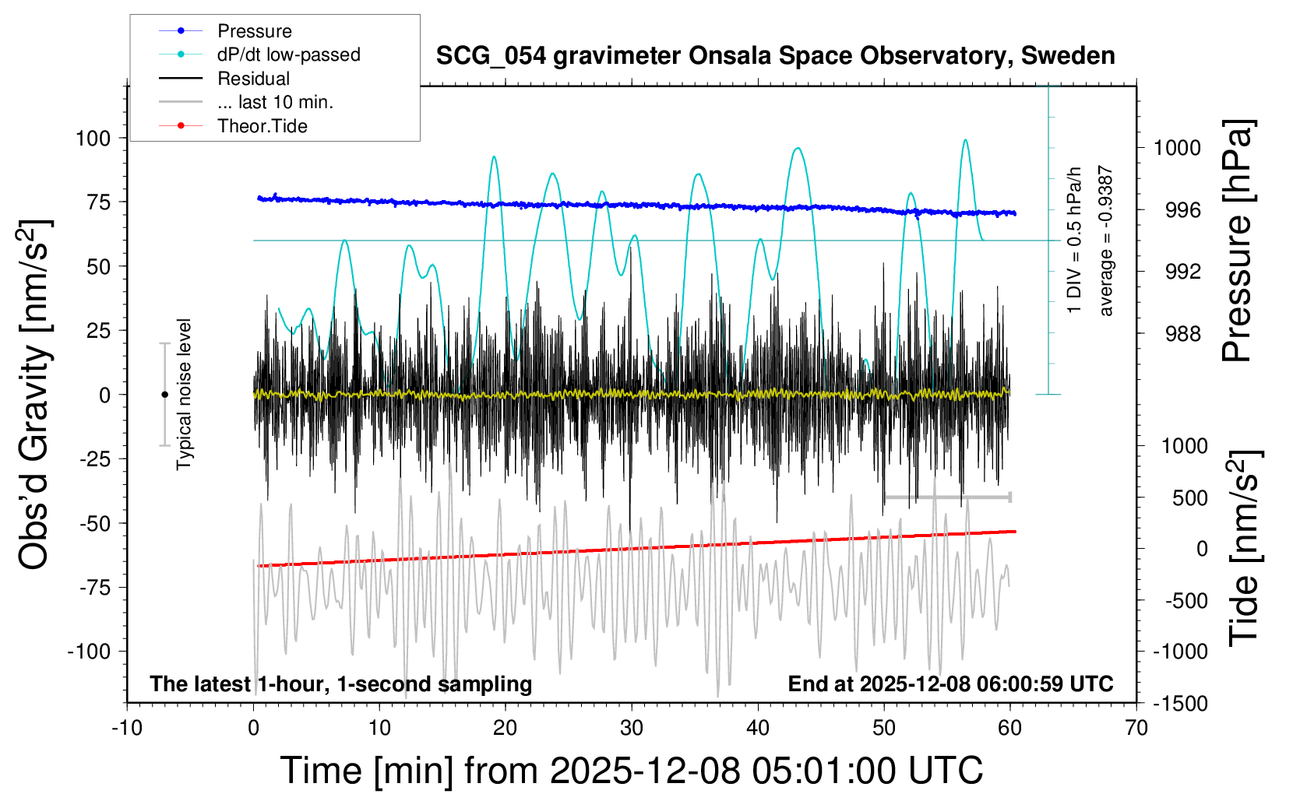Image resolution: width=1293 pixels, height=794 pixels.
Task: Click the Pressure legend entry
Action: coord(254,31)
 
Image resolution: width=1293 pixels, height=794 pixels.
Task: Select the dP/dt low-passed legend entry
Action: coord(288,54)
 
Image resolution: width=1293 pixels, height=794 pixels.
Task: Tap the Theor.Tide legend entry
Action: coord(262,126)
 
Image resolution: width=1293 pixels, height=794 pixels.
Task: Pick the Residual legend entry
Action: coord(253,79)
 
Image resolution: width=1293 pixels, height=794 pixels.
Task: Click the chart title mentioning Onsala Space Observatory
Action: coord(775,56)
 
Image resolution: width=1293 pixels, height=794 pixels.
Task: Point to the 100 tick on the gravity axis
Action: coord(93,139)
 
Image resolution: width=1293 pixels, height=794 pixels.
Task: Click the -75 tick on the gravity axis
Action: coord(94,587)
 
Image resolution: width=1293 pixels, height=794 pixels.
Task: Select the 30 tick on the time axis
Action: coord(632,728)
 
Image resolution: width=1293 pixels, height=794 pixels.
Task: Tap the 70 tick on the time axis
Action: coord(1136,728)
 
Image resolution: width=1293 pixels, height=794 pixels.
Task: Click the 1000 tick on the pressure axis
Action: coord(1176,148)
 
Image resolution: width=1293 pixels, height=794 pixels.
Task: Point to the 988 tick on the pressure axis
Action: coord(1182,334)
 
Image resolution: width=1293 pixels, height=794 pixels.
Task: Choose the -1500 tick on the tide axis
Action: coord(1180,704)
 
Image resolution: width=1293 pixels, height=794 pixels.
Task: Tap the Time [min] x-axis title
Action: coord(631,771)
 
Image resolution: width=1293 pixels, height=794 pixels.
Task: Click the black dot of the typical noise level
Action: coord(164,395)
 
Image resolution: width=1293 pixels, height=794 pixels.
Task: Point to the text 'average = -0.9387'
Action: coord(1105,241)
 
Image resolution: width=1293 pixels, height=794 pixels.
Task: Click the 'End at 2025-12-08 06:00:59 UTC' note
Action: coord(950,684)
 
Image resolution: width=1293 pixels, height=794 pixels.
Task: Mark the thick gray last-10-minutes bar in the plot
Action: coord(947,497)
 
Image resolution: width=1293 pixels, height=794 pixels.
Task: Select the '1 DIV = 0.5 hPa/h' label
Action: coord(1075,241)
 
